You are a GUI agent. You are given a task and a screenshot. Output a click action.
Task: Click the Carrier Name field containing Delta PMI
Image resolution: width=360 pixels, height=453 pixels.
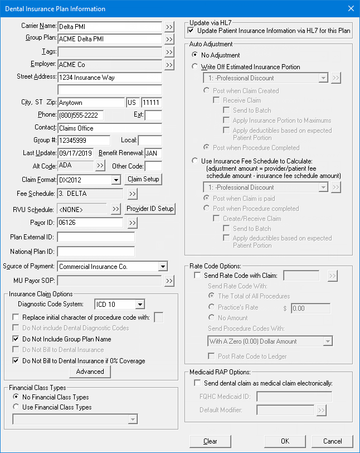pyautogui.click(x=109, y=26)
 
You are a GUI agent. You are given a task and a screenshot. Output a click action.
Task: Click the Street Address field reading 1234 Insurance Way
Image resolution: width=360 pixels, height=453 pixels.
pyautogui.click(x=109, y=78)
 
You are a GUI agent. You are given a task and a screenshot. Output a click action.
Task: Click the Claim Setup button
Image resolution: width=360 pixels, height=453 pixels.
pyautogui.click(x=144, y=180)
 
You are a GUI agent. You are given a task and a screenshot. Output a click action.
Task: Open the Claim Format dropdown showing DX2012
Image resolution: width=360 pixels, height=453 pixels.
pyautogui.click(x=116, y=180)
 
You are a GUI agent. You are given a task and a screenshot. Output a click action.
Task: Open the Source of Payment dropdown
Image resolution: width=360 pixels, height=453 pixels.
pyautogui.click(x=163, y=267)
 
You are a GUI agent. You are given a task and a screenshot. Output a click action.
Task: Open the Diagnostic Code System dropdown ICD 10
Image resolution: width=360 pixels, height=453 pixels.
pyautogui.click(x=139, y=305)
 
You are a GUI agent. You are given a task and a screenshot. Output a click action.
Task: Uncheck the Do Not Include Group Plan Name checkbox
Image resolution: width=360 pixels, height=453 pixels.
pyautogui.click(x=16, y=339)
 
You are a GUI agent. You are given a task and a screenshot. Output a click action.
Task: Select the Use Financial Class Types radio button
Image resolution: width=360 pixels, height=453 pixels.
pyautogui.click(x=16, y=407)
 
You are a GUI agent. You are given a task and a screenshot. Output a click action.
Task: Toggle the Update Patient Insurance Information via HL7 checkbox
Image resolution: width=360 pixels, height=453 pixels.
pyautogui.click(x=191, y=30)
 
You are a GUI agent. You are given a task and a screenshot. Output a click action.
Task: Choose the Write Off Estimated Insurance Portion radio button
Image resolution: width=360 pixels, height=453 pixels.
pyautogui.click(x=194, y=67)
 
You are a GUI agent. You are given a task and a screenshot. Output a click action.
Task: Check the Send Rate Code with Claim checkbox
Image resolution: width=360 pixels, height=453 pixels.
pyautogui.click(x=197, y=276)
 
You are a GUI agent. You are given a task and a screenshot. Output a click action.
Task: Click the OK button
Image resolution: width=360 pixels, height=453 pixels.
pyautogui.click(x=285, y=441)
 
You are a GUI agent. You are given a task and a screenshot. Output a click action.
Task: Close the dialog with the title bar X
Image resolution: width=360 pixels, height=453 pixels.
pyautogui.click(x=351, y=8)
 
